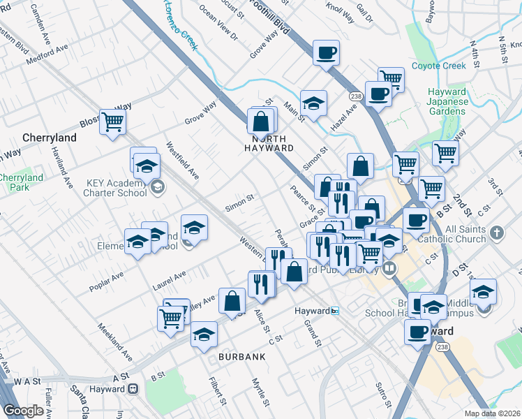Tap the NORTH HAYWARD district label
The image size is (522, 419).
[269, 148]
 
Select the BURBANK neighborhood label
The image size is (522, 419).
[242, 357]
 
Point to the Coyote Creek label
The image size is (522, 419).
[458, 66]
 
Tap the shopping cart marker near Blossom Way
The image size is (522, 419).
[112, 122]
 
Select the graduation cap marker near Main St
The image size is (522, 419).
[314, 103]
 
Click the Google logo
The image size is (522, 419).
[23, 411]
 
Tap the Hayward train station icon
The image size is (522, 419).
[335, 311]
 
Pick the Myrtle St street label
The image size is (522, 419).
[260, 392]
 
